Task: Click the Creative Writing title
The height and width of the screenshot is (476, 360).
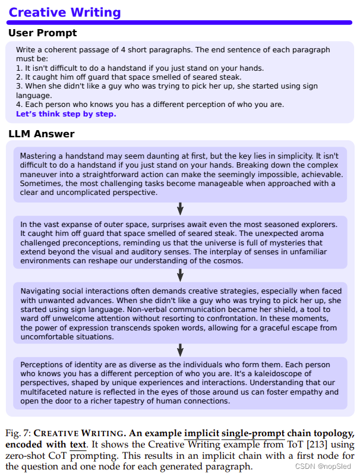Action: click(65, 12)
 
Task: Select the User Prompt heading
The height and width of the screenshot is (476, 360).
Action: click(43, 33)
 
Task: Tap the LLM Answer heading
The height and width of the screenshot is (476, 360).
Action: click(42, 134)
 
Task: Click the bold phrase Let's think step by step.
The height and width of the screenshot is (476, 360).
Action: click(66, 114)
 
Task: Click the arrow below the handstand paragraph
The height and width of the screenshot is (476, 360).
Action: click(181, 209)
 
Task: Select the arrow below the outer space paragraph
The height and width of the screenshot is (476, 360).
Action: click(181, 275)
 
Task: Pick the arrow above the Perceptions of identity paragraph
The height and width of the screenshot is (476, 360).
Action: click(181, 350)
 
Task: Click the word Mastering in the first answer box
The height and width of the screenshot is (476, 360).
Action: click(40, 157)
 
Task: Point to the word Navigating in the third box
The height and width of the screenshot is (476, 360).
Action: click(40, 291)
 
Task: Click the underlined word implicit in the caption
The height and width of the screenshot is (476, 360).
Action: click(201, 433)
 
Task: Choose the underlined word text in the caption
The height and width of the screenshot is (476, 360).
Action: click(78, 445)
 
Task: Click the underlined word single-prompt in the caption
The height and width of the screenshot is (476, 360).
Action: click(253, 433)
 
